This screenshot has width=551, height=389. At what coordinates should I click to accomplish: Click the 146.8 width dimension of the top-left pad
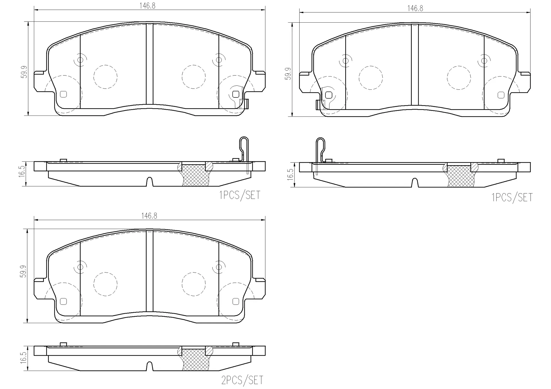coord(148,6)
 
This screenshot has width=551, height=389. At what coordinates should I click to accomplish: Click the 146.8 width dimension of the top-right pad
coord(415,8)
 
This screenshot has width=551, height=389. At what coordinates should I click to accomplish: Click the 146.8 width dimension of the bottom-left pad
coord(149,216)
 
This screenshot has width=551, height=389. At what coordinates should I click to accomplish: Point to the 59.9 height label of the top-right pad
coord(288,74)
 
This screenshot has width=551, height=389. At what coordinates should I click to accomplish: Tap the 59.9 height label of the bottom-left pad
coord(23,271)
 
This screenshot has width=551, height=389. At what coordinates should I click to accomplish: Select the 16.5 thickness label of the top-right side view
coord(290,174)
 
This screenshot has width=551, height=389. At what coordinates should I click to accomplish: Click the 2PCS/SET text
coord(242,380)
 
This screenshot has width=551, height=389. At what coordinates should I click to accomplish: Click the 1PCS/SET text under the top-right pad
coord(512,198)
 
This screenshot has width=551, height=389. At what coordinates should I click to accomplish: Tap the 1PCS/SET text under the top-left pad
coord(240,195)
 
